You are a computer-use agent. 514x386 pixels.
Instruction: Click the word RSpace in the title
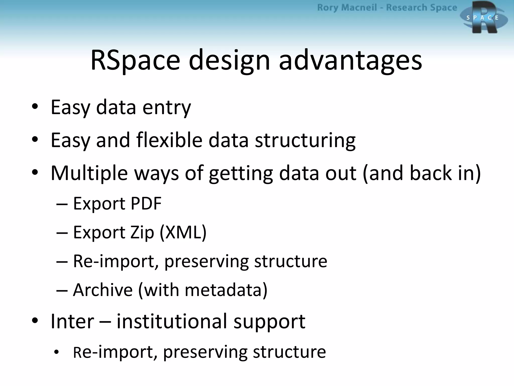(135, 60)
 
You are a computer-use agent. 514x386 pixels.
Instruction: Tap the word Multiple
(89, 173)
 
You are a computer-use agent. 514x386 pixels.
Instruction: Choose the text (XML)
(183, 232)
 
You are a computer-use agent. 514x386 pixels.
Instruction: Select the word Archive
(103, 290)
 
